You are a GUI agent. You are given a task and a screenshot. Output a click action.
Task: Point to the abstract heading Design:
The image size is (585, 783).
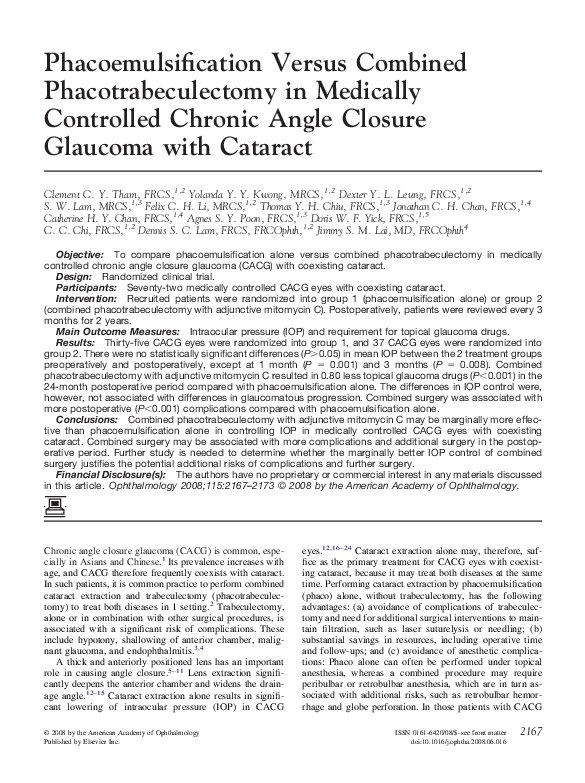coord(74,277)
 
